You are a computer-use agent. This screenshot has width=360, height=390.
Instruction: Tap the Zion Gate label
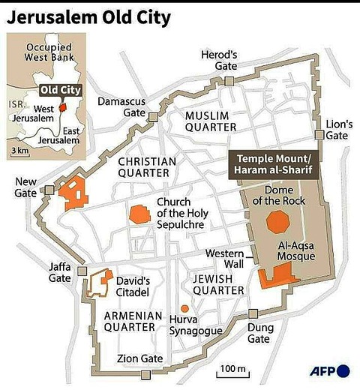pos(140,358)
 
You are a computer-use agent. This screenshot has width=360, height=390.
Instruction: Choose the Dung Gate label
pos(259,333)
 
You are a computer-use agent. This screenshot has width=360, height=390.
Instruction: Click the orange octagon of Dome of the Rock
pos(277,223)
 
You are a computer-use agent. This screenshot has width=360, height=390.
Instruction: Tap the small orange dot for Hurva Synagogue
pos(184,308)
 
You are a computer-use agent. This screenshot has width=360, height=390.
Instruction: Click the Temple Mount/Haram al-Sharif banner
pos(272,165)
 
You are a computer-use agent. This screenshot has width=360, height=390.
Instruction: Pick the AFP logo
pos(330,370)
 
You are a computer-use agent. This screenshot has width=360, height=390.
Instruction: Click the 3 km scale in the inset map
pos(19,151)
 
